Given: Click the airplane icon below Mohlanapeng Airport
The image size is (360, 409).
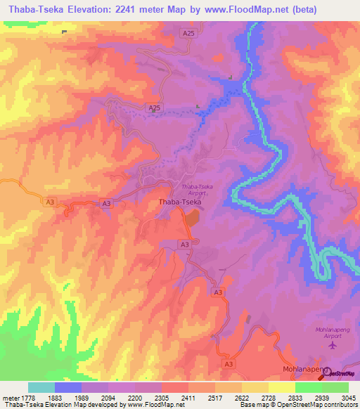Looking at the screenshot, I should coord(333,345).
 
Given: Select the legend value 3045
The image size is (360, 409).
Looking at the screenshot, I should coord(348,398).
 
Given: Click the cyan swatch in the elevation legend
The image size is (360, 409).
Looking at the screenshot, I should coord(41,387).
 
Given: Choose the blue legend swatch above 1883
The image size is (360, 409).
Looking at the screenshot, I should coord(68,387).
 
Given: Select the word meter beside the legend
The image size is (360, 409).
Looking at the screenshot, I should coord(9,398).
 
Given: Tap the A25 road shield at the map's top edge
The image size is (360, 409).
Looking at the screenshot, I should coord(188,33).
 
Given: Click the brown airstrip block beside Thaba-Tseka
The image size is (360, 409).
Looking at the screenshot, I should coord(192,219).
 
